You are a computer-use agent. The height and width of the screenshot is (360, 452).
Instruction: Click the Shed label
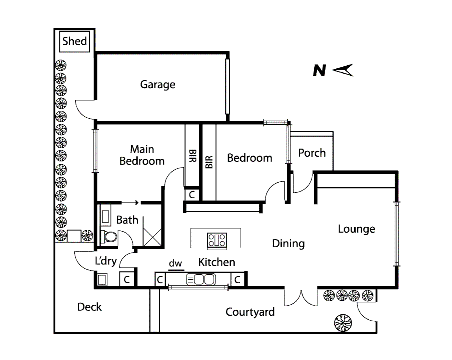coord(74,41)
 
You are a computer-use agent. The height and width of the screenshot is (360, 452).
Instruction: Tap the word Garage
coord(157,84)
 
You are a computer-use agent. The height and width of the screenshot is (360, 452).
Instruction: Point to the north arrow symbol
coord(343,70)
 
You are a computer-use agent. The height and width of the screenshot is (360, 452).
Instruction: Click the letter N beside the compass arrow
coord(319,71)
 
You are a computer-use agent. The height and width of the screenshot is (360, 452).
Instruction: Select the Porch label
coord(312,153)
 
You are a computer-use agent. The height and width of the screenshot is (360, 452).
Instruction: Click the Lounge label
coord(356,229)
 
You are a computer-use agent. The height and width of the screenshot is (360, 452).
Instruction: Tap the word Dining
coord(288,244)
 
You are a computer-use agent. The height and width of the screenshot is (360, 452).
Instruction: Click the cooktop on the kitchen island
coord(217,240)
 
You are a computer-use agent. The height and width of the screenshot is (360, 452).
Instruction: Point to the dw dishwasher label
coord(175,264)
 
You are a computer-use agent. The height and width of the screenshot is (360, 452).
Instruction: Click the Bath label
coord(127,220)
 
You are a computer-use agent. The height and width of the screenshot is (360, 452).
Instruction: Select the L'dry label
coord(106,261)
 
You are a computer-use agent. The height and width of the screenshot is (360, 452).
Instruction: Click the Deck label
coord(89,307)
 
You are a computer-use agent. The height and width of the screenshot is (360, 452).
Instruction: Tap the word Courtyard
coord(250,312)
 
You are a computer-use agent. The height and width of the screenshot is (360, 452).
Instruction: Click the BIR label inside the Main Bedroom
coord(192,156)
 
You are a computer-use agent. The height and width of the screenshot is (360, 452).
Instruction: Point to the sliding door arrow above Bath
coord(130,202)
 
